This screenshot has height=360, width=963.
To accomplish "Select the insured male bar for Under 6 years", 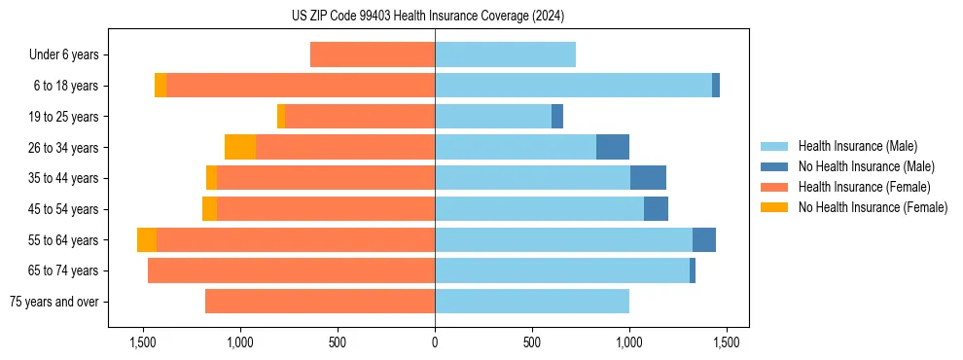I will coord(505,55).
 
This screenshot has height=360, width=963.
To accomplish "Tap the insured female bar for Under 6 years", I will coord(373,55).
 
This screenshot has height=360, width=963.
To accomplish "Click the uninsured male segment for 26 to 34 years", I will coord(613,147).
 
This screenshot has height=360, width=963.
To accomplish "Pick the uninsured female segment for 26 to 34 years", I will coord(240,147).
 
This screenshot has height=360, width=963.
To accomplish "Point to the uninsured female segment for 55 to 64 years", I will coord(147,240).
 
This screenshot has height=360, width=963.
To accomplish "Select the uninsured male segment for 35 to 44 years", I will coord(648,178).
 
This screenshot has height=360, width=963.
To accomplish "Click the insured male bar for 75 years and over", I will coord(532,302).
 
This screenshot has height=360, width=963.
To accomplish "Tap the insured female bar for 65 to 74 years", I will coord(291,270).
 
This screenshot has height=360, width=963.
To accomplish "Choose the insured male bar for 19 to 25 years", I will coord(493,117).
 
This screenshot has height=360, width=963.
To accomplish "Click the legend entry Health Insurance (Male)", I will coord(857,146).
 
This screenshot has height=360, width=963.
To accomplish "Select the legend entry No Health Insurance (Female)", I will coord(873,207).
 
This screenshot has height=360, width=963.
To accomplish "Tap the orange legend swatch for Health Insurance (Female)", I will coord(774,187).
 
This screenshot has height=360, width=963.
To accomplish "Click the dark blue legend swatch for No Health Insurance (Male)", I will coord(774,166).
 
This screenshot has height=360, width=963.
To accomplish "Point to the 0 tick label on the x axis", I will coord(435,343).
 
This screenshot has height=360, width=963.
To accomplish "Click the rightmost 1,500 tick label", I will coord(726,343).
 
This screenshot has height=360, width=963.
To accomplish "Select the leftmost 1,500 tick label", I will coord(143,343).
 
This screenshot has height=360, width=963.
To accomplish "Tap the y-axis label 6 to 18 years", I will coord(65,86).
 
